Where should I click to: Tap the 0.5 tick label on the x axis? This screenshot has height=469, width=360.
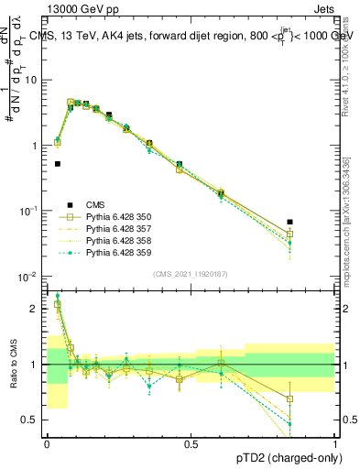click(x=191, y=444)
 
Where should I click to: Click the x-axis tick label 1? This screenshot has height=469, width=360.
click(x=335, y=444)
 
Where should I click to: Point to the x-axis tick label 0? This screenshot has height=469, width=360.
click(x=47, y=444)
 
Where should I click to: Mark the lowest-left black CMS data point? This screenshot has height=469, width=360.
click(x=57, y=164)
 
